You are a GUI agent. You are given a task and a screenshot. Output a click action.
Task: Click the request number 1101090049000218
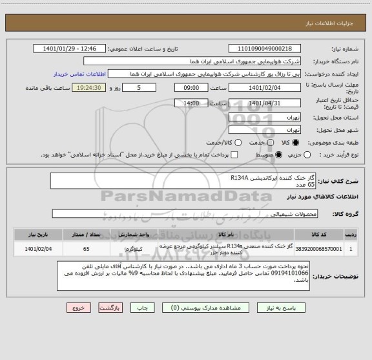265,48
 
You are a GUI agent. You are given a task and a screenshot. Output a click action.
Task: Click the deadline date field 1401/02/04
265,88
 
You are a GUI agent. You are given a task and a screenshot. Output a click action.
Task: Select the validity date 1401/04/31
265,103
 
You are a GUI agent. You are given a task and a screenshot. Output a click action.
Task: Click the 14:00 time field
192,103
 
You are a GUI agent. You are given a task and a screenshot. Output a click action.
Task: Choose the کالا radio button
296,142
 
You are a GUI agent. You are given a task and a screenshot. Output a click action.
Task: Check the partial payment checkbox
234,154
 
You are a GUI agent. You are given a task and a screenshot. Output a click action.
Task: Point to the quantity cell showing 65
87,248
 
